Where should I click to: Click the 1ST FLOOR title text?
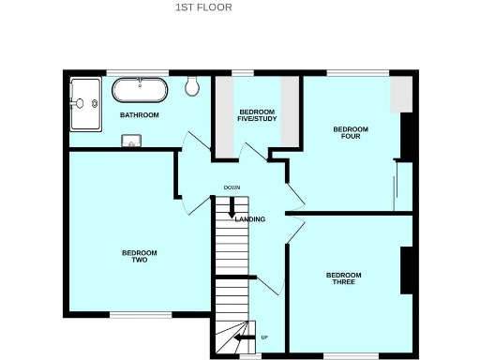(x=203, y=7)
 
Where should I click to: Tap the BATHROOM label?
(x=139, y=115)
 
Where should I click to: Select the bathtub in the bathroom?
(x=141, y=91)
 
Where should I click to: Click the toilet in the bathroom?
(x=193, y=86)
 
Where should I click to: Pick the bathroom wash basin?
(x=131, y=142)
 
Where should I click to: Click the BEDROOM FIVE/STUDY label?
(x=250, y=114)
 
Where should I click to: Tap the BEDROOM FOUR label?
(x=351, y=133)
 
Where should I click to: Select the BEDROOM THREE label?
(x=344, y=278)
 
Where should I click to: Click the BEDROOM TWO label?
(x=139, y=256)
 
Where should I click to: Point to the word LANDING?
(x=249, y=219)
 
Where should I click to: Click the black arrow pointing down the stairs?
(x=232, y=212)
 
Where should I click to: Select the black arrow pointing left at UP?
(x=244, y=337)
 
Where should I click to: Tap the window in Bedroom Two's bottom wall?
(x=134, y=314)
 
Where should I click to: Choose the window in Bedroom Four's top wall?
(x=358, y=72)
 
